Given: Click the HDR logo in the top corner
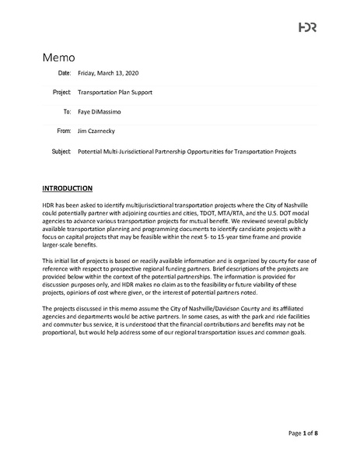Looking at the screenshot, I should coord(307,27).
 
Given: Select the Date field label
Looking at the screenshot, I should coord(65,73).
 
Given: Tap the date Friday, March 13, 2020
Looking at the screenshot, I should coord(108,73).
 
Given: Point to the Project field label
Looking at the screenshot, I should coord(62,92).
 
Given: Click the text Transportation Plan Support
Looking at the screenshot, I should coord(116,92).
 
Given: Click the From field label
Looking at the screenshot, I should coord(64,131).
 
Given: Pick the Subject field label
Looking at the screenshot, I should coord(61,150).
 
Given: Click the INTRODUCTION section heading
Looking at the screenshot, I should coord(68,189).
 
